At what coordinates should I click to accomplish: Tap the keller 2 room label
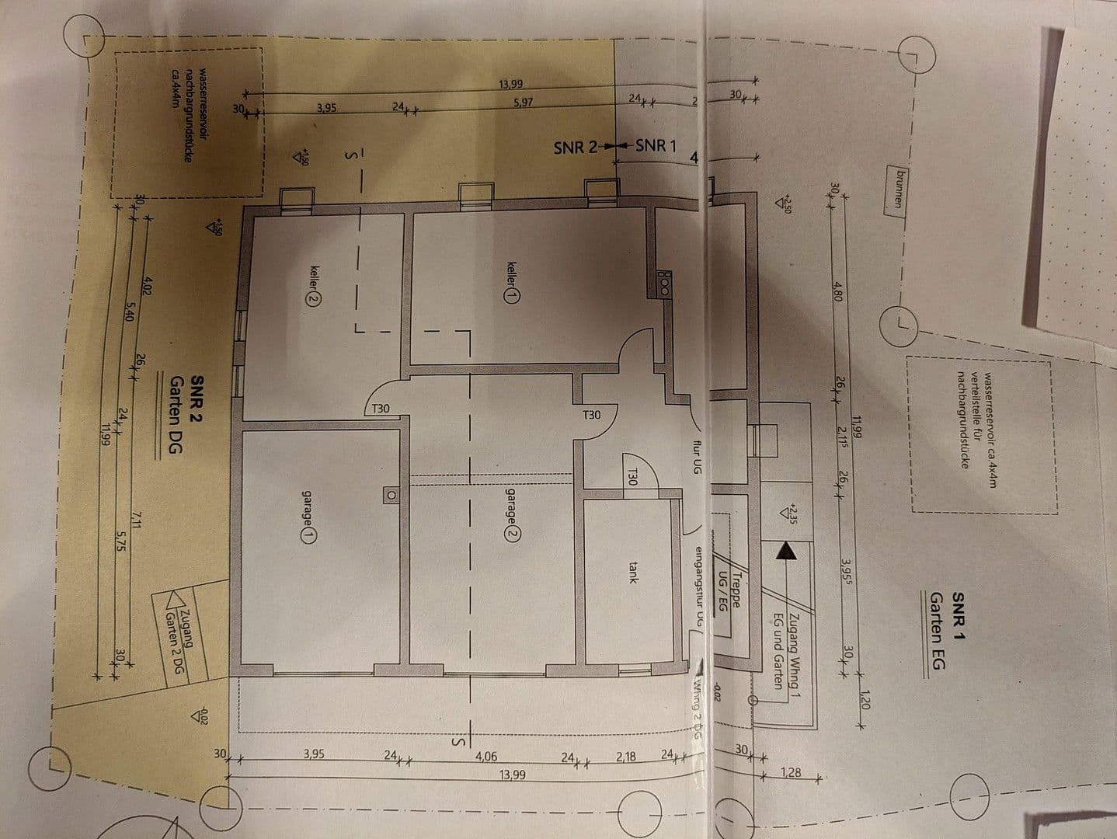click(x=313, y=284)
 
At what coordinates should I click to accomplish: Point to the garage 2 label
click(x=512, y=513)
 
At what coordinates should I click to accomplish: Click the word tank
click(x=633, y=573)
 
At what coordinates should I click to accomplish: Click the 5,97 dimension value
click(x=522, y=102)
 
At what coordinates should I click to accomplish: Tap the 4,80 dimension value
click(x=837, y=291)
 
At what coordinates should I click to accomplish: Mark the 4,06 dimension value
click(x=485, y=754)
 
